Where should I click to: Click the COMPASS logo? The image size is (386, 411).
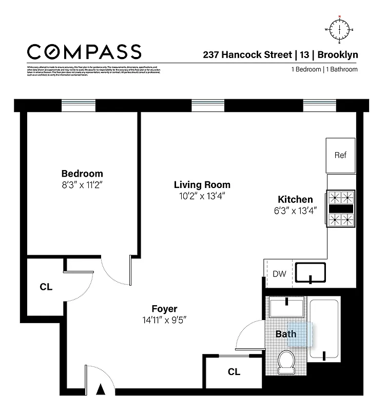84,52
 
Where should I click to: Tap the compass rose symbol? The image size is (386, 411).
339,30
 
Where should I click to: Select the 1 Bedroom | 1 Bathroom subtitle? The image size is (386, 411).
324,69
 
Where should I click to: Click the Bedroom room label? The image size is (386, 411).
82,174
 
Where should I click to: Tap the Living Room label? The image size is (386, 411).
202,185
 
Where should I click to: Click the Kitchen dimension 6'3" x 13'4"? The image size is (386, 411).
295,210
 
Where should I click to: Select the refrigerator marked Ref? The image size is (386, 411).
340,156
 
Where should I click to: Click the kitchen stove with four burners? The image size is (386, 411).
341,209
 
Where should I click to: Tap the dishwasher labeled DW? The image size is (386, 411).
279,274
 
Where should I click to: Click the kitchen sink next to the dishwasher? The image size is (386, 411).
311,273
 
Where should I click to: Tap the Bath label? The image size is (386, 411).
286,334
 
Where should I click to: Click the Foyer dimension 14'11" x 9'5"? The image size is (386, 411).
164,320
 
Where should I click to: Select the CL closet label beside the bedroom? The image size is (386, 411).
46,287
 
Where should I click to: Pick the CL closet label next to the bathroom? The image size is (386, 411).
234,372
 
